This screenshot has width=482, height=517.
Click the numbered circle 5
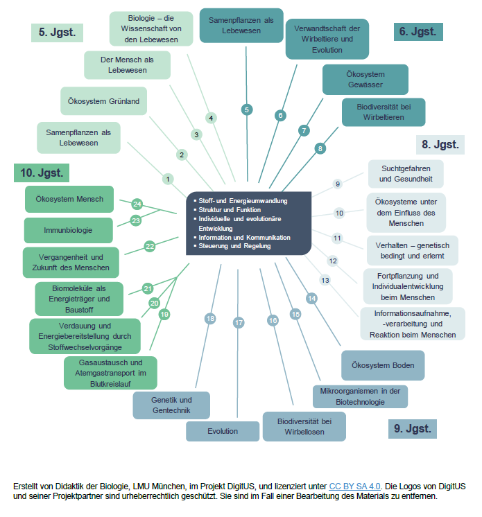point(246,109)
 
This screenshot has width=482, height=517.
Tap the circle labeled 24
point(137,204)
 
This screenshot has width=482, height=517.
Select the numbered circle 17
point(239,322)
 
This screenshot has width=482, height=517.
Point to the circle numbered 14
point(311,298)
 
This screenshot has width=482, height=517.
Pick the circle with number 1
point(168,179)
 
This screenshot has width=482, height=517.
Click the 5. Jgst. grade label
point(58,32)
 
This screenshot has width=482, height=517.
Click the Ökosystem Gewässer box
point(365,80)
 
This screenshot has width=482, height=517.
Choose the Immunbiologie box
point(69,230)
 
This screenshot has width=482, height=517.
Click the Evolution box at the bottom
point(222,431)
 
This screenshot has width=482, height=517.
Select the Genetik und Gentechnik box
point(171,405)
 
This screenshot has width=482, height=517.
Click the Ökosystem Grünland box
point(103,101)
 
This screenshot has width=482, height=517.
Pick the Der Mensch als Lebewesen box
point(126,65)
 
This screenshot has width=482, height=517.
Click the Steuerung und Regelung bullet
point(235,246)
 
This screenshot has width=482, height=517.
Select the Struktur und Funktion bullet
point(230,209)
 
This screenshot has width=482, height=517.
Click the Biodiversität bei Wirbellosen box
point(304,426)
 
